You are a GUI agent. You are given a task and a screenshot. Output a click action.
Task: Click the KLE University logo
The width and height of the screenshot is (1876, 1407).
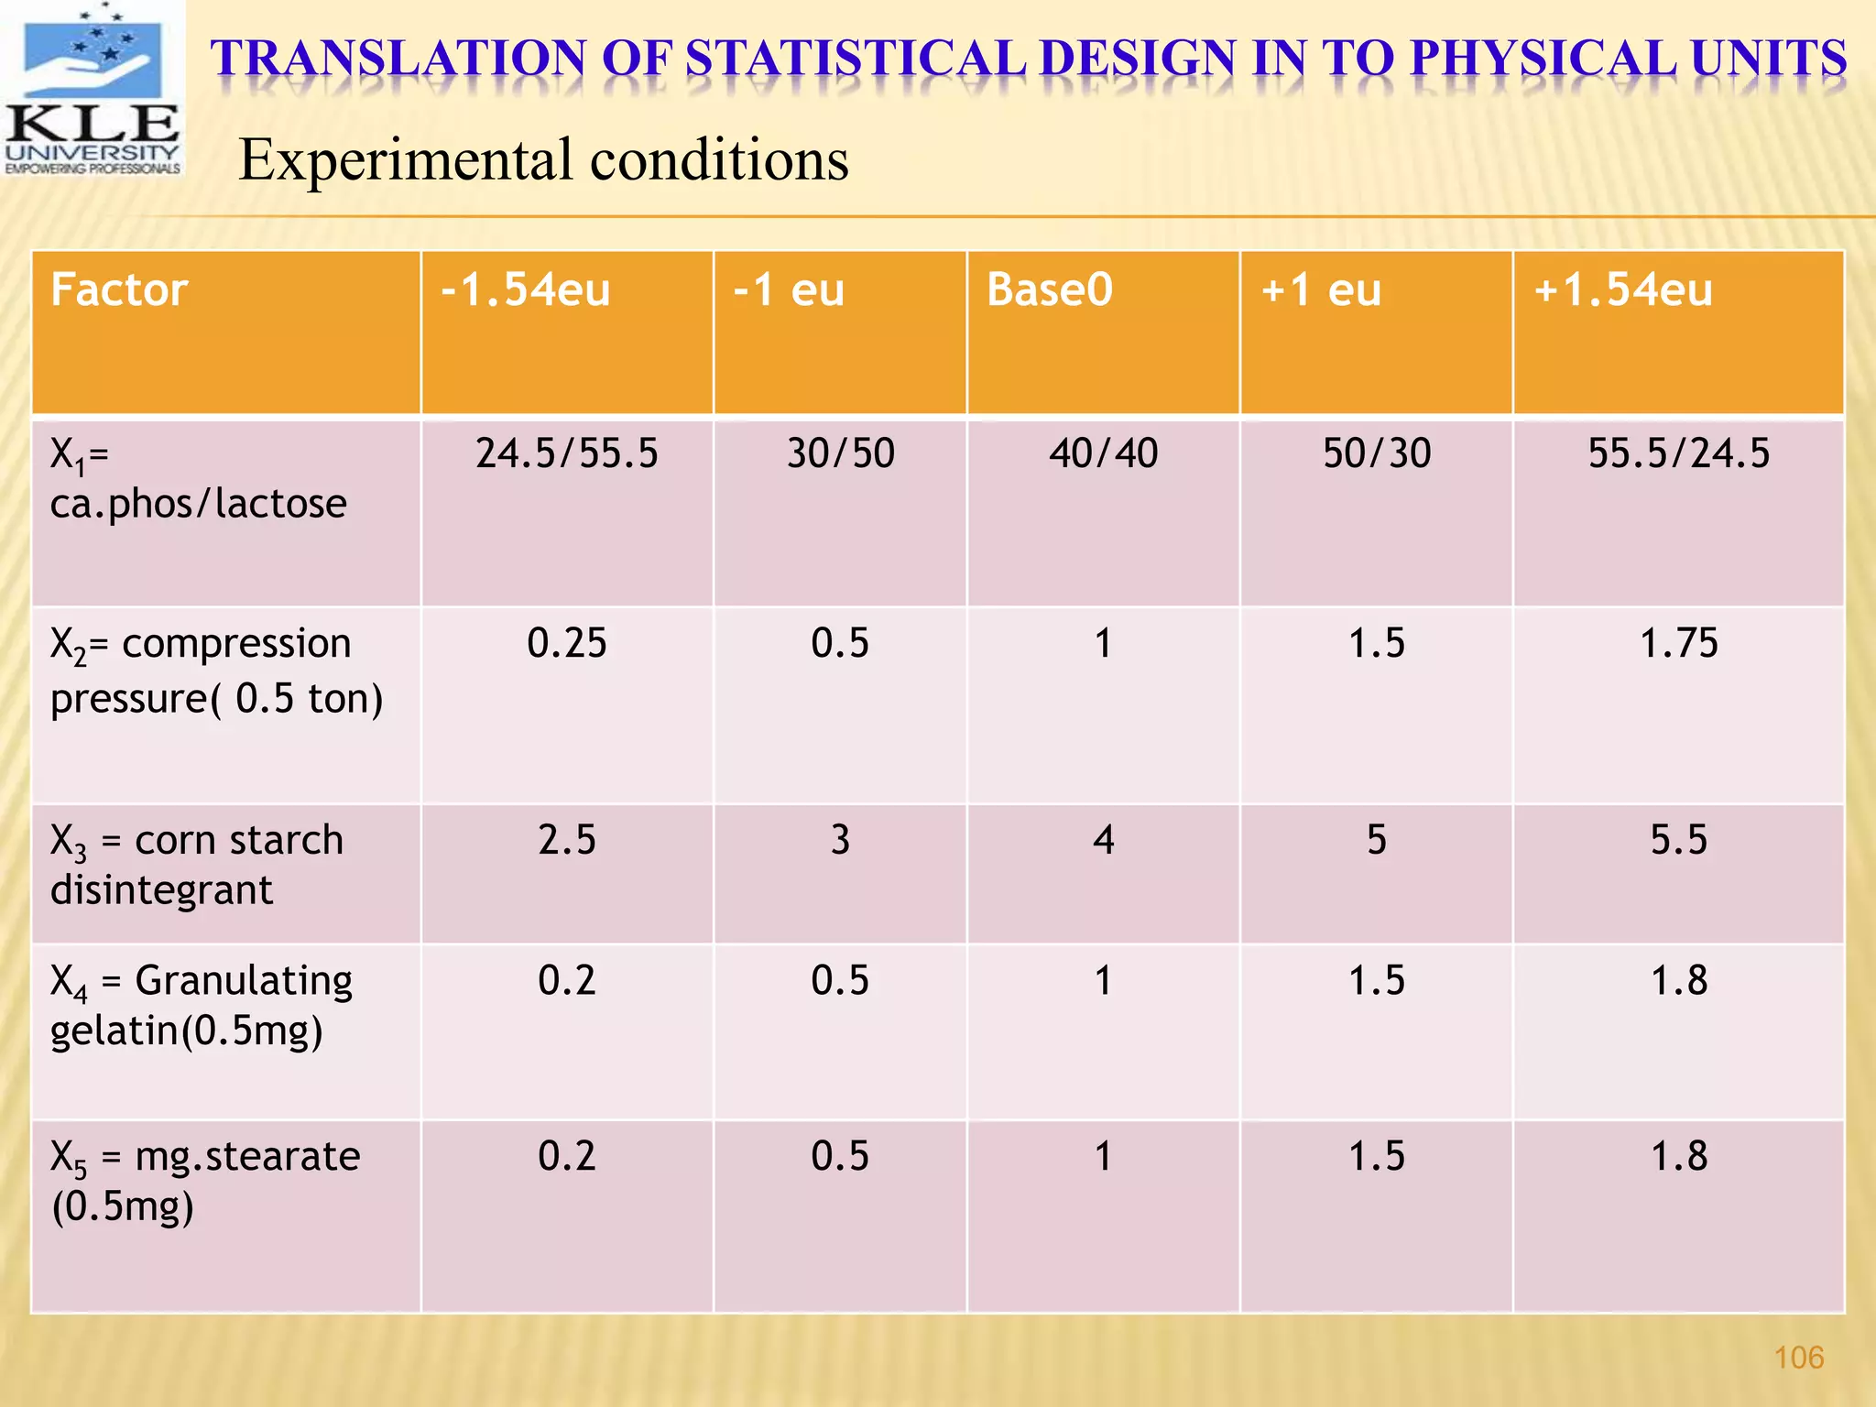click(92, 89)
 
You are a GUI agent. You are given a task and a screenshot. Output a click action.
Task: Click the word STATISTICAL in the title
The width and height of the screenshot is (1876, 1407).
click(856, 59)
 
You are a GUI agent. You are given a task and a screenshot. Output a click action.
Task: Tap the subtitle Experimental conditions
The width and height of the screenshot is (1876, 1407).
click(543, 159)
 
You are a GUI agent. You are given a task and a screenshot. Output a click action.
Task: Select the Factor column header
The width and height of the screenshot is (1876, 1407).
click(119, 290)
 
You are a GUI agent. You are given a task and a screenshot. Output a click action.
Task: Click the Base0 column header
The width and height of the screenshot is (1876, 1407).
click(1049, 290)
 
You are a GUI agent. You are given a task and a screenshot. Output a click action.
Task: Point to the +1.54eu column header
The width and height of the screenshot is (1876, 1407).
click(1622, 290)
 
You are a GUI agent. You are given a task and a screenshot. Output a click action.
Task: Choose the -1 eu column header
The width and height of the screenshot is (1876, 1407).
click(789, 290)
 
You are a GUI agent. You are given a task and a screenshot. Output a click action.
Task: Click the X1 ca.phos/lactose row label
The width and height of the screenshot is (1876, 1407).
click(198, 478)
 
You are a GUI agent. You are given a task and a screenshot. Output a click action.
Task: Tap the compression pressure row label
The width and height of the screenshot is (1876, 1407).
click(216, 671)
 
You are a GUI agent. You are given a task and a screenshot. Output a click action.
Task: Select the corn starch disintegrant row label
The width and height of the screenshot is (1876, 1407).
click(196, 865)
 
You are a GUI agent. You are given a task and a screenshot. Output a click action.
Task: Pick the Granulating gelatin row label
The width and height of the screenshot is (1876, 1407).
click(202, 1005)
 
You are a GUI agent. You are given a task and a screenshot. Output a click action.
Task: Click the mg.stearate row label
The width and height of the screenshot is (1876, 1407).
click(205, 1181)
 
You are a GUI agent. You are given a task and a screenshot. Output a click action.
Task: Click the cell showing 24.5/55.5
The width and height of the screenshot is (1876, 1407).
click(566, 453)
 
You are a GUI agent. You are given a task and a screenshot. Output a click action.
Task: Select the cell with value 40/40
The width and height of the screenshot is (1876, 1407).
click(1103, 453)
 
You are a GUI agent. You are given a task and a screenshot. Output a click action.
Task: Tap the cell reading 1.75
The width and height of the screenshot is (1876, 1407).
click(1678, 643)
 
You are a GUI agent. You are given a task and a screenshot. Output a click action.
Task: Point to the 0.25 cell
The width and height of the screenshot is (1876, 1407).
click(566, 643)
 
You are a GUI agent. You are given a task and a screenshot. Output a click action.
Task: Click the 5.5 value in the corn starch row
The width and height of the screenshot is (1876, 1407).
click(1678, 840)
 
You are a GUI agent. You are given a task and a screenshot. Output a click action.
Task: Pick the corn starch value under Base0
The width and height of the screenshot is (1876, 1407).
click(1103, 840)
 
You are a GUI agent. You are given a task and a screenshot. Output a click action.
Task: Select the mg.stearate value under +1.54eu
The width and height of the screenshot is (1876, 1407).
click(1678, 1156)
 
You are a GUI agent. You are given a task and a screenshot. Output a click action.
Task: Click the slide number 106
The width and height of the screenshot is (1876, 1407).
click(1799, 1358)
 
